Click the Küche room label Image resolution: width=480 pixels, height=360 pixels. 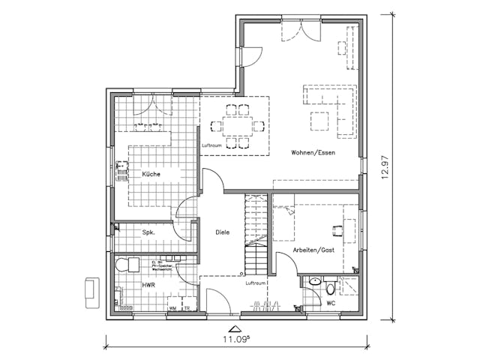(151, 174)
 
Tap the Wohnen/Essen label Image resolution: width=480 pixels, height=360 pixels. (313, 152)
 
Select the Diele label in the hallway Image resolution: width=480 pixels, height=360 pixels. (223, 232)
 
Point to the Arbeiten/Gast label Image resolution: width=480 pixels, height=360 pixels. (313, 249)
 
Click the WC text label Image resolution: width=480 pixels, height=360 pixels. (330, 303)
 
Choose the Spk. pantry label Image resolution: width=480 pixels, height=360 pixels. (148, 233)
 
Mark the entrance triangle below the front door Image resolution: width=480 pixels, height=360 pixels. (235, 328)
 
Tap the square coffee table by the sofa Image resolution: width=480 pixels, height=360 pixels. (321, 119)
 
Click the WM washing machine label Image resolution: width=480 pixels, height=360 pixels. (172, 307)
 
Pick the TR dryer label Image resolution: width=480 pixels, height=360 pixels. (187, 307)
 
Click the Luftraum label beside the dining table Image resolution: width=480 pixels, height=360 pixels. (211, 145)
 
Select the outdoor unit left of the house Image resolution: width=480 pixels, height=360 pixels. (92, 291)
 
